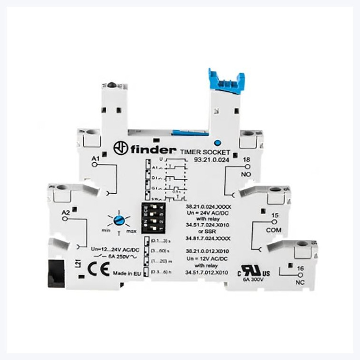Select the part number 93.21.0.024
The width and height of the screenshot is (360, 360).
211,160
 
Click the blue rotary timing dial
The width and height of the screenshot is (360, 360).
119,220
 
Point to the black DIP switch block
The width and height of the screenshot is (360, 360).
155,219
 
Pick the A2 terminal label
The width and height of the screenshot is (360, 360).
66,213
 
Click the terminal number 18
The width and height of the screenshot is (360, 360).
247,160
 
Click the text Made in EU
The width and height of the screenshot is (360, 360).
126,273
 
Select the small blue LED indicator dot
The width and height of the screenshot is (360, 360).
217,142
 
